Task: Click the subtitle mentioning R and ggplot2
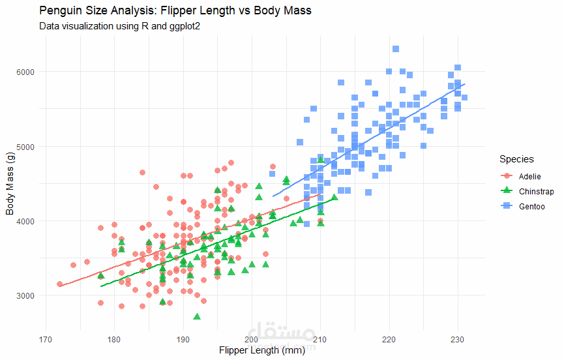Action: [119, 26]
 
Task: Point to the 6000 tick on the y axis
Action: [25, 72]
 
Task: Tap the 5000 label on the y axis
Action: [25, 147]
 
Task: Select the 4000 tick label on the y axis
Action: [25, 221]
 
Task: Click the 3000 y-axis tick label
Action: [25, 295]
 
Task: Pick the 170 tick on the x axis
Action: [46, 340]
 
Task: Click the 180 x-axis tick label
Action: [114, 340]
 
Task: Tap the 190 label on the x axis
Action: [183, 340]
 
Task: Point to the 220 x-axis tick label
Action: [389, 340]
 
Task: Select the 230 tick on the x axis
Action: [458, 340]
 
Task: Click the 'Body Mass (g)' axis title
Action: [10, 183]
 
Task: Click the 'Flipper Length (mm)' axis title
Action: [262, 350]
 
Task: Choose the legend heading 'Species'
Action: [516, 159]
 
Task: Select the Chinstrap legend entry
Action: [527, 191]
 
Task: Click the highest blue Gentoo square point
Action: [396, 49]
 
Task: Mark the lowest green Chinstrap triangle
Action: [197, 316]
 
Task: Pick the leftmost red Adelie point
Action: [60, 284]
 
